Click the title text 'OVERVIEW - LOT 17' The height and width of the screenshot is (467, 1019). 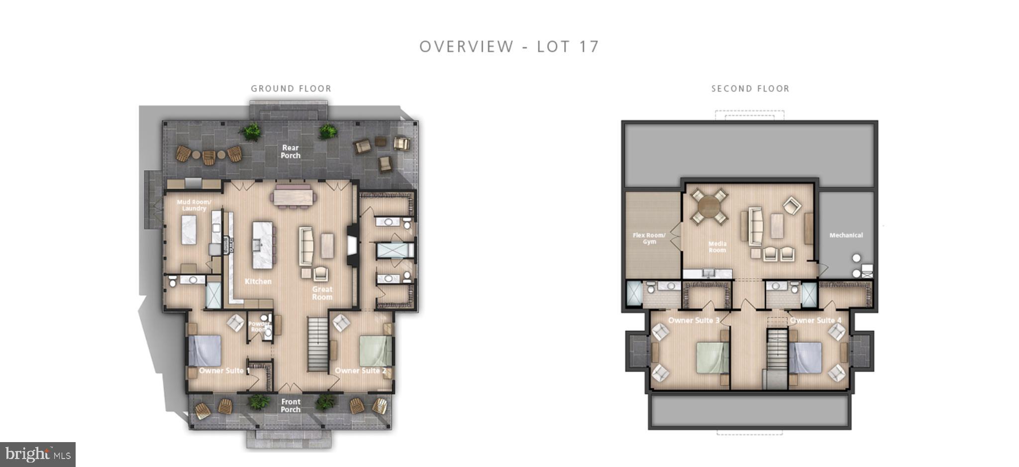click(509, 46)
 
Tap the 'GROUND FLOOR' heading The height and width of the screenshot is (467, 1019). click(291, 89)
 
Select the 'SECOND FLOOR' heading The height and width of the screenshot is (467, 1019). click(750, 89)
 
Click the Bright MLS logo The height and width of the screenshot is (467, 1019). click(38, 454)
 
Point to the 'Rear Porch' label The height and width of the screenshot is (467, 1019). click(291, 151)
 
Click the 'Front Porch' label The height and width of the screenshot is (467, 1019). click(291, 405)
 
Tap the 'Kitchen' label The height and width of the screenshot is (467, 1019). click(258, 281)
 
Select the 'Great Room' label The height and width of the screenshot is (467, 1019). click(322, 293)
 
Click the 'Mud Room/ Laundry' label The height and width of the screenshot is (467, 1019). click(194, 205)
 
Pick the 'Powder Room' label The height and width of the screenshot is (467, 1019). click(258, 327)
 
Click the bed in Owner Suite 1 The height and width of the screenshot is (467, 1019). click(204, 350)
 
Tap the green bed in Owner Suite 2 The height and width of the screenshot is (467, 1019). click(376, 350)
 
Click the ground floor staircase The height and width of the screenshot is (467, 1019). click(317, 344)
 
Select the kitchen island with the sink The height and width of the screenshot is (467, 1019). click(262, 244)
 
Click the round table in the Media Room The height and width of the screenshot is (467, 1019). click(709, 207)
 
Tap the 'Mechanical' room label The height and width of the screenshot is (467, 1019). click(846, 235)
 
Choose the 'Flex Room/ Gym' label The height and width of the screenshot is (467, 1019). click(649, 238)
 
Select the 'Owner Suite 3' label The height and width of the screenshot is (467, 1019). click(694, 320)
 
